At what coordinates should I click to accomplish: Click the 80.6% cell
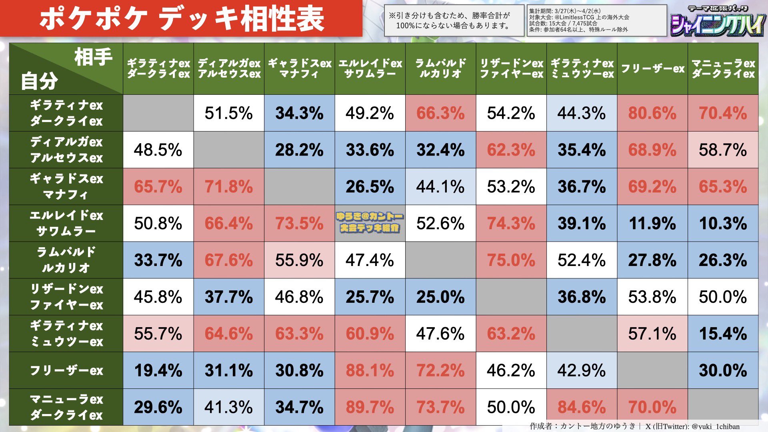coord(652,113)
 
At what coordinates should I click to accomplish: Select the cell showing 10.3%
coord(723,224)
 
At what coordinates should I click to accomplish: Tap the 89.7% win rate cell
coord(370,407)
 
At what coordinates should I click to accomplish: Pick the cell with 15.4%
coord(723,334)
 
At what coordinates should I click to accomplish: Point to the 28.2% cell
coord(299,150)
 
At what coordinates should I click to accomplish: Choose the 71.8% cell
coord(229,187)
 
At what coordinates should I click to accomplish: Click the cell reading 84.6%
coord(582,407)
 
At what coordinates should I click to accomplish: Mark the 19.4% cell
coord(158,370)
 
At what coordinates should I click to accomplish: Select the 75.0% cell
coord(511,260)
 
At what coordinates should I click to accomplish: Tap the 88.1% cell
coord(370,370)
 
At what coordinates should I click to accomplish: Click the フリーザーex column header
coord(652,69)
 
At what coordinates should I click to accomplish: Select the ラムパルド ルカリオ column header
coord(440,69)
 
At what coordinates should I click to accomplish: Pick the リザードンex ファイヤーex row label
coord(66,297)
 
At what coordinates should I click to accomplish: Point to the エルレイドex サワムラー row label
coord(66,223)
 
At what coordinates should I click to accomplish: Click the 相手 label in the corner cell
coord(93,57)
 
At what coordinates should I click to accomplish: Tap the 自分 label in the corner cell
coord(39,81)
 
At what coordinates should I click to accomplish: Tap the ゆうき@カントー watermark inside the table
coord(370,223)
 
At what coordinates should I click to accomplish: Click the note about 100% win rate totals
coord(454,21)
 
